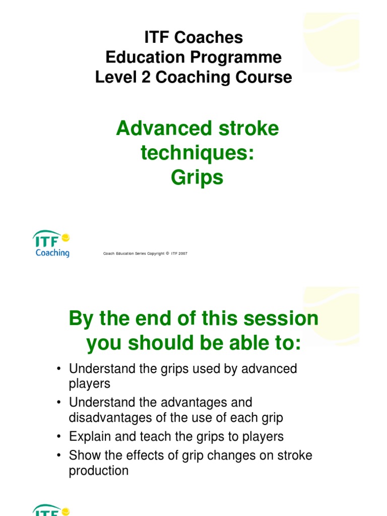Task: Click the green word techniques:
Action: [x=197, y=153]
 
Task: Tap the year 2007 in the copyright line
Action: [x=181, y=253]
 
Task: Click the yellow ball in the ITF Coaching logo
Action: [x=65, y=237]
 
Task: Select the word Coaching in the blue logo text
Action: [x=52, y=252]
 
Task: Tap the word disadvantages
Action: [x=112, y=418]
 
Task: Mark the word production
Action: [x=99, y=471]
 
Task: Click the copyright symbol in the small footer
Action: [x=167, y=253]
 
